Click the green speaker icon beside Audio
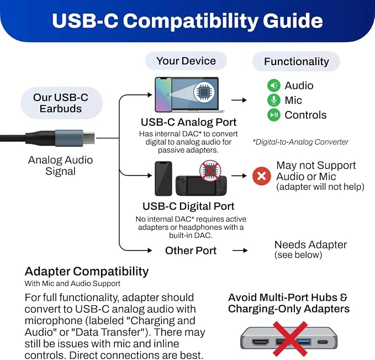click(x=274, y=86)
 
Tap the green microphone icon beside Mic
click(x=274, y=100)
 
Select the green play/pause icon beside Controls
click(x=274, y=115)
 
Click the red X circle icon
click(x=262, y=176)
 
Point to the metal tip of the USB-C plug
click(x=89, y=138)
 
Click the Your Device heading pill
click(x=186, y=61)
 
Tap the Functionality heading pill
click(x=297, y=61)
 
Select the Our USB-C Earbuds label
click(x=61, y=103)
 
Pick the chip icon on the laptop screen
click(x=204, y=92)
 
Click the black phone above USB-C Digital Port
click(x=163, y=178)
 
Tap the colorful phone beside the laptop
click(x=163, y=94)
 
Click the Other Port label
click(x=191, y=251)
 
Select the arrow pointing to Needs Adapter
click(x=240, y=250)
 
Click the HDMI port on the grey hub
click(x=261, y=342)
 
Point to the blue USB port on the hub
click(x=304, y=342)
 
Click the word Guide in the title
click(x=293, y=21)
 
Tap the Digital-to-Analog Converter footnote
click(x=300, y=142)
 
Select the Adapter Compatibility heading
click(x=87, y=272)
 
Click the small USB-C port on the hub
click(x=323, y=342)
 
